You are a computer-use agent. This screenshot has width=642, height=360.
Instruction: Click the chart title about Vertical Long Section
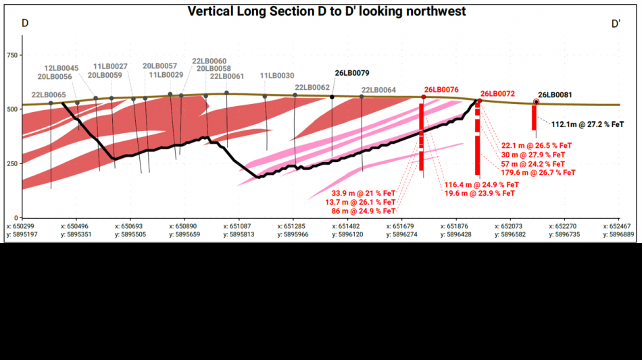(x=326, y=11)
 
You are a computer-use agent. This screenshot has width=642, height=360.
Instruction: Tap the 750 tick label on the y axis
(x=12, y=55)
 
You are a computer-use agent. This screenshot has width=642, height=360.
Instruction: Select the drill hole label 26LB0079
(x=352, y=73)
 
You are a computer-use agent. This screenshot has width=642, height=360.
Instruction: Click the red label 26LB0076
(x=441, y=90)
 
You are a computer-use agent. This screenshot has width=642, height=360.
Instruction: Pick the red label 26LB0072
(x=497, y=94)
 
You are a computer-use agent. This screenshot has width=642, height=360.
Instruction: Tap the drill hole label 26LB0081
(x=555, y=95)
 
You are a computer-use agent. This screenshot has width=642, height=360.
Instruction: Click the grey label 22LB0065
(x=49, y=95)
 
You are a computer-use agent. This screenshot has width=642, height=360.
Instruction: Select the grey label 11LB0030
(x=277, y=76)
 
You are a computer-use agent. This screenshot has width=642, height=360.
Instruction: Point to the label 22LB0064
(x=378, y=90)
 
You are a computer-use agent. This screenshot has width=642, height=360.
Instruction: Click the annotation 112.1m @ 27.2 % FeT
(x=587, y=124)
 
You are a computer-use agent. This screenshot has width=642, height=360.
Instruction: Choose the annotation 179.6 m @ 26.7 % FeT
(x=538, y=173)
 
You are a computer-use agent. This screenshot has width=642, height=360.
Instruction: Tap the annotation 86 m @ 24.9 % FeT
(x=364, y=211)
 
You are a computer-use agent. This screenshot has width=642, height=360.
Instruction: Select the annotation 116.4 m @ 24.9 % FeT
(x=481, y=185)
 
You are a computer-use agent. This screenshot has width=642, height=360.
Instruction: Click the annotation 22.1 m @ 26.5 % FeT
(x=537, y=146)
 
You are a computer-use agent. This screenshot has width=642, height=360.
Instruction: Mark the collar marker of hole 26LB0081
(x=536, y=102)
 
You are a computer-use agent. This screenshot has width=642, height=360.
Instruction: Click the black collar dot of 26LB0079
(x=332, y=97)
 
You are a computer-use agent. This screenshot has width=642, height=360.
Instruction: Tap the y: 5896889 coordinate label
(x=618, y=234)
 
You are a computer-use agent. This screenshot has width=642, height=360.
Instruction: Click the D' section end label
(x=616, y=24)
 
